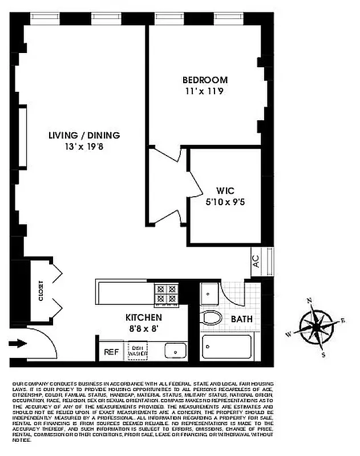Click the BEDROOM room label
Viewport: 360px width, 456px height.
pos(205,80)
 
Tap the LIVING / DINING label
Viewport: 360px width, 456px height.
pos(84,135)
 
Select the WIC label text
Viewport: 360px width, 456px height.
pos(225,190)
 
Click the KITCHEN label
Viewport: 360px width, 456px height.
pos(144,317)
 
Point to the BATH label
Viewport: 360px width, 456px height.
pos(241,319)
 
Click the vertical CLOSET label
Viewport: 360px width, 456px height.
pos(41,291)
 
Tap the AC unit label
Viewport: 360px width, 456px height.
pos(256,261)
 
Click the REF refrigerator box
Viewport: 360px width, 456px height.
pos(111,352)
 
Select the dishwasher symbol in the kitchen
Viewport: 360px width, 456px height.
pos(137,351)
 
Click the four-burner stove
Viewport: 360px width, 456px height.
pos(167,293)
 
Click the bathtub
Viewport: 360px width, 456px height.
pos(226,347)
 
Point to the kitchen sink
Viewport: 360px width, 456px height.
pos(176,351)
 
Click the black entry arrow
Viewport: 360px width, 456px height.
pos(18,344)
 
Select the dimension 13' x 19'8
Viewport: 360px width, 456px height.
pos(84,146)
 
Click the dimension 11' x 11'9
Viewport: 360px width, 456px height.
pos(205,91)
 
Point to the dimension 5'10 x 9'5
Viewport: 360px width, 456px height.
pos(225,201)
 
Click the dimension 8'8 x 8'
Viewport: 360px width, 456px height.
pos(144,328)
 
